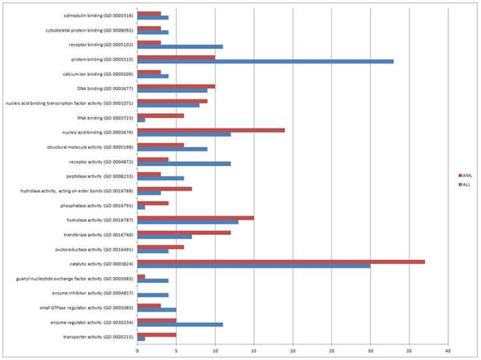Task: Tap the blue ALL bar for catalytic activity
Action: (x=254, y=266)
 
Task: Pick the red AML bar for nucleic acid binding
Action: (x=211, y=130)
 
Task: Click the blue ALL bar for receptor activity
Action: (x=184, y=163)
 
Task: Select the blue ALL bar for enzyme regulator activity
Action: (x=180, y=324)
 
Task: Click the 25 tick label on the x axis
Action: (x=331, y=351)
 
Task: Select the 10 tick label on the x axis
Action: (x=215, y=351)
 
